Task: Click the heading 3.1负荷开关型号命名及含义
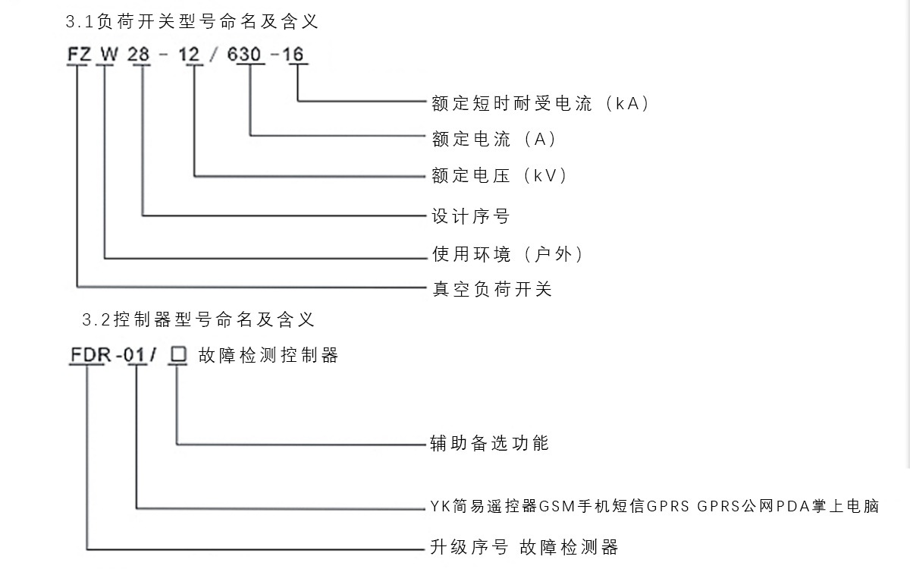(192, 22)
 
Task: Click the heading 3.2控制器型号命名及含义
(198, 319)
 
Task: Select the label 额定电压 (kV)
(500, 176)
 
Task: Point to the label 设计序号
(471, 216)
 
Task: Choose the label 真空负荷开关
(492, 289)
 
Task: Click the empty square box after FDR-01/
(178, 354)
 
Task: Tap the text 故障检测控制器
(268, 355)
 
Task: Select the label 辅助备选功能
(489, 443)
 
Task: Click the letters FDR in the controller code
(86, 355)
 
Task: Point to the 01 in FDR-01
(137, 355)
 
